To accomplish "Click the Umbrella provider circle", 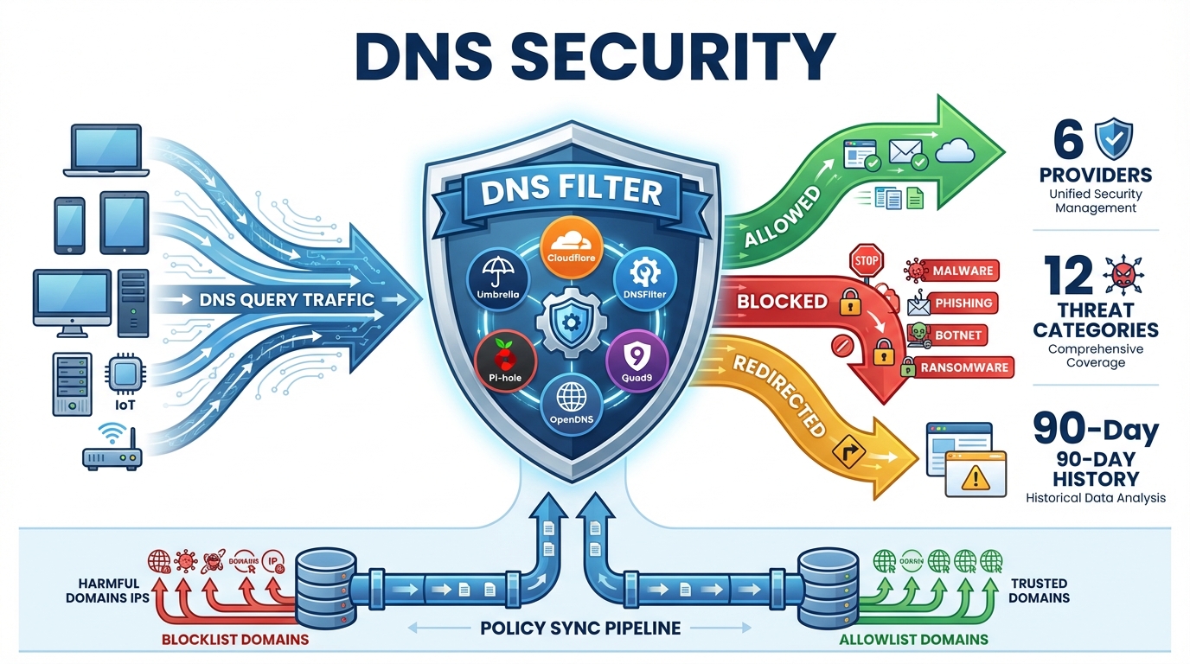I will pos(498,279).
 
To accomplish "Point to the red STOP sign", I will pos(865,259).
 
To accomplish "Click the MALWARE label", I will pos(962,271).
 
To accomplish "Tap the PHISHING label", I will pos(963,303).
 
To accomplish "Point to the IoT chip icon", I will pos(122,374).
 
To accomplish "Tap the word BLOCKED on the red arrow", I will pos(782,302).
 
